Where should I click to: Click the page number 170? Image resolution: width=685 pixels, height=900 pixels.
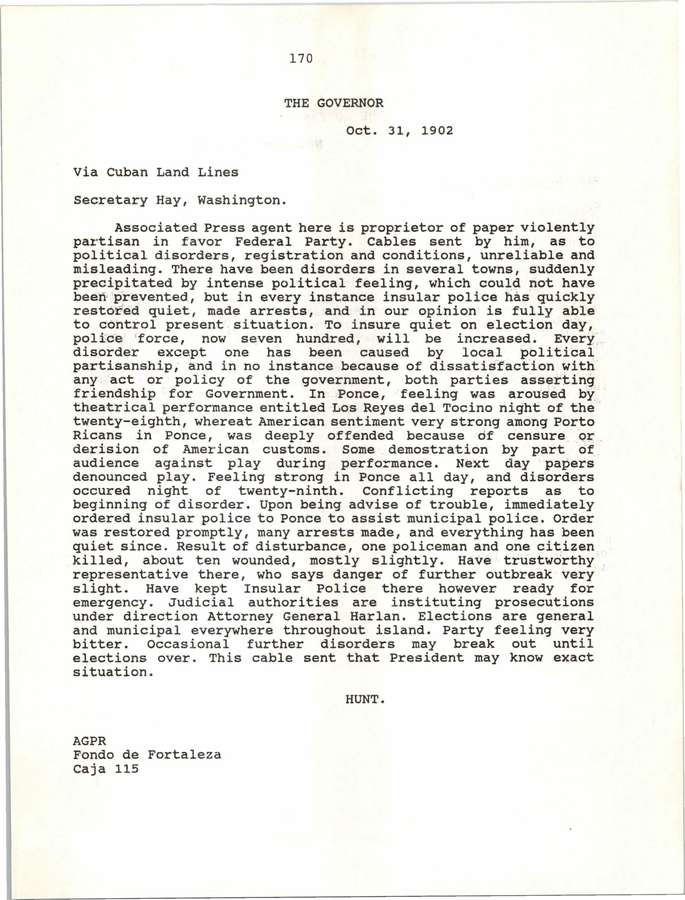301,59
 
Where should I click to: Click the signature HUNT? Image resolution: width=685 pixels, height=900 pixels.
364,700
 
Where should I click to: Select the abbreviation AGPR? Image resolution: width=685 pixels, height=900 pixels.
90,741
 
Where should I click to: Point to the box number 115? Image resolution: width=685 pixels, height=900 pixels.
127,769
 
